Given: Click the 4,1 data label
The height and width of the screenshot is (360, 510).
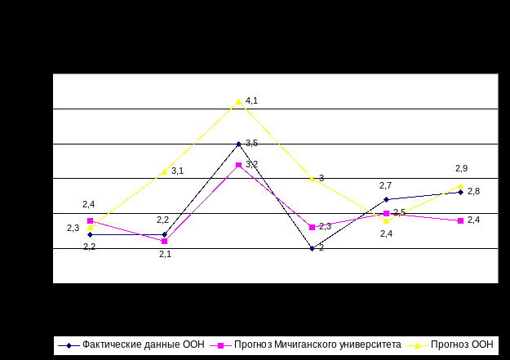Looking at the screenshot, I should click(x=251, y=101).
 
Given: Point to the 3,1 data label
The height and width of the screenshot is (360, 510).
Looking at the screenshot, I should click(x=176, y=171).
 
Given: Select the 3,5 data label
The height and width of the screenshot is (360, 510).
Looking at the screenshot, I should click(x=251, y=144).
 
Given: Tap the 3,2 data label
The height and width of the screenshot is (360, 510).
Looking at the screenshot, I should click(x=251, y=165).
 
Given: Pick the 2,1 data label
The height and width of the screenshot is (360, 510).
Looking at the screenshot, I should click(x=164, y=255).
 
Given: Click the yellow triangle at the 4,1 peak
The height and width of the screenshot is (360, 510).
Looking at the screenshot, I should click(x=238, y=101).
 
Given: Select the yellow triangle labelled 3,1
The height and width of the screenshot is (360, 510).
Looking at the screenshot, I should click(x=164, y=171).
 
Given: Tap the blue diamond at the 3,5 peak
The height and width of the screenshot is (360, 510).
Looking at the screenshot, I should click(x=238, y=144).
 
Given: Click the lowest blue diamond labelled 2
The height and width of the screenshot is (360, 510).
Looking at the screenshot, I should click(x=312, y=248).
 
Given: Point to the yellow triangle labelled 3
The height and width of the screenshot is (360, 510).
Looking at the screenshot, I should click(x=312, y=178).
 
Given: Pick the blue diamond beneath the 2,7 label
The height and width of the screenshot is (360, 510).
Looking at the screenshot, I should click(x=386, y=199).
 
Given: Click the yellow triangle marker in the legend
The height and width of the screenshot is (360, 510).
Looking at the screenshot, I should click(x=417, y=345).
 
